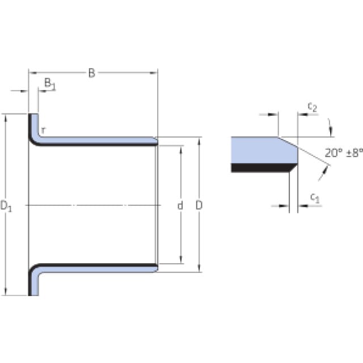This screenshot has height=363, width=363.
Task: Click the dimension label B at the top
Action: [92, 73]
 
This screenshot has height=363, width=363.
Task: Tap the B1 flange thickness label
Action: [50, 84]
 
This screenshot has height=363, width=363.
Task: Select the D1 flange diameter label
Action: [6, 206]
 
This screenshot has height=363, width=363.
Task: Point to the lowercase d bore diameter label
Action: [180, 205]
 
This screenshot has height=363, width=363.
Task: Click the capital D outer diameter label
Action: [199, 205]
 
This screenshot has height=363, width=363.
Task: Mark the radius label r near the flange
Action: [43, 131]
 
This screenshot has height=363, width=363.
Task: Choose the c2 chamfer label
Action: [313, 107]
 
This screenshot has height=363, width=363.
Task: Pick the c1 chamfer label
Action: [315, 198]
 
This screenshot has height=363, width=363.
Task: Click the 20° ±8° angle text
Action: [344, 153]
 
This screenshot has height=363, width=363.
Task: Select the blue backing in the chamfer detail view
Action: [261, 150]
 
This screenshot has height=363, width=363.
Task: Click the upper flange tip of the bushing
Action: [33, 115]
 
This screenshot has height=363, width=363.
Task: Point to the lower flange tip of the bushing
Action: [33, 294]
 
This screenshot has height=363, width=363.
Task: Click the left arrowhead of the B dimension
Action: [33, 73]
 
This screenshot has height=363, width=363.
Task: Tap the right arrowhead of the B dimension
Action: [154, 73]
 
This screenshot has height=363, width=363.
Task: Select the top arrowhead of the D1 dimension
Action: [6, 118]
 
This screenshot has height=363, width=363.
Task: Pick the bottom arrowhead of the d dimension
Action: [181, 260]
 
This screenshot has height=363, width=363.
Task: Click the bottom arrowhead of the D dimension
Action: [199, 268]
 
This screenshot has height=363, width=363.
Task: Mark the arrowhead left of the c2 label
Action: [302, 115]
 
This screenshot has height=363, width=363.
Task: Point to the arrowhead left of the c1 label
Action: [303, 205]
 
